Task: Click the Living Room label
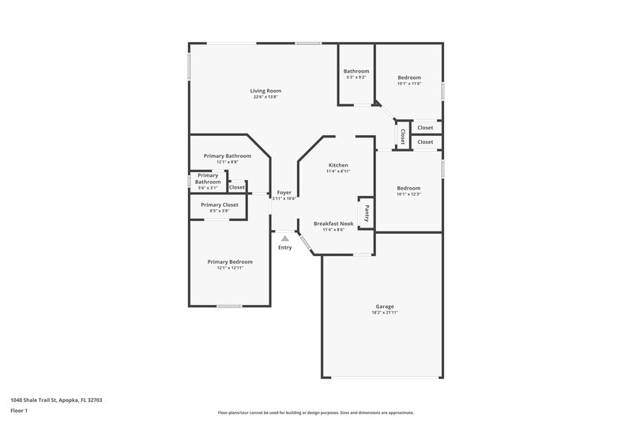266,91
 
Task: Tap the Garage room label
385,306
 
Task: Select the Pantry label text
367,212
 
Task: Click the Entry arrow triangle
284,238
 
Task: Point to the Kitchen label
338,165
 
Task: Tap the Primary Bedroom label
230,261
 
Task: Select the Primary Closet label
220,205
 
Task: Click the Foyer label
284,193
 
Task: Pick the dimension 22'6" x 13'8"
266,97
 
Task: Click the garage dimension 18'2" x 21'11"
385,313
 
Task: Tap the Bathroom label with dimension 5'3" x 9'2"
356,71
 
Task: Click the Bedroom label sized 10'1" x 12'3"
408,188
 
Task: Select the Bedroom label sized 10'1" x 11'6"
409,77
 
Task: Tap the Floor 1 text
19,411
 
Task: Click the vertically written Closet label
402,137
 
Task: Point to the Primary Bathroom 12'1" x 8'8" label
227,156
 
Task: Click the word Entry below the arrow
284,248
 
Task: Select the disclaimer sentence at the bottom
316,412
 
